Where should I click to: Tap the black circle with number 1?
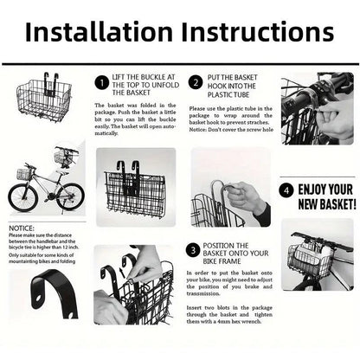[x=103, y=82]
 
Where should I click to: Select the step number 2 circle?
[x=196, y=82]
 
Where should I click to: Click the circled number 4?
[x=285, y=189]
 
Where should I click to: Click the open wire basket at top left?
[x=42, y=96]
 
